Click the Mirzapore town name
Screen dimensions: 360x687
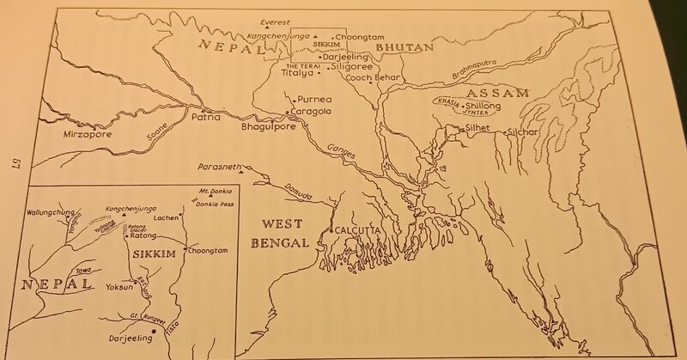coord(67,135)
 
